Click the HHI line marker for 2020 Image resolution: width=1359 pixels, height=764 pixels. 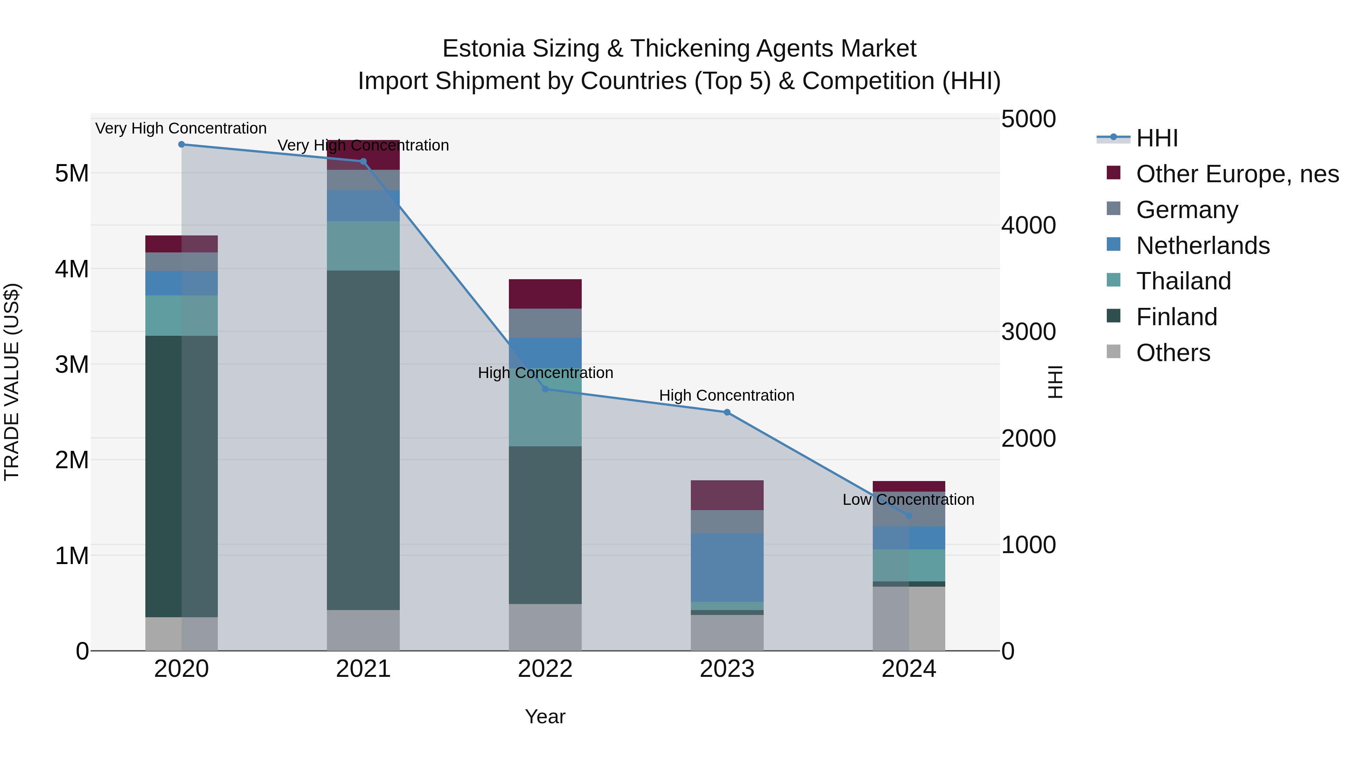[182, 144]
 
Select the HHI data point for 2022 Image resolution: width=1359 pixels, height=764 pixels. [545, 389]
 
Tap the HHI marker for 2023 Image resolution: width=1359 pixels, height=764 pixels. [727, 412]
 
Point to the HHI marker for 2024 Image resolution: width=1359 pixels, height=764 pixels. [909, 516]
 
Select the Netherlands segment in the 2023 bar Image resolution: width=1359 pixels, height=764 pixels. [727, 567]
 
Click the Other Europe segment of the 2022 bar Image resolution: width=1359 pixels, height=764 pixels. [545, 294]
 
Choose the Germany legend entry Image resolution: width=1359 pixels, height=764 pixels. [1187, 210]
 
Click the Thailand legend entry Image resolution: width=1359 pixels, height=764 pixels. [1183, 281]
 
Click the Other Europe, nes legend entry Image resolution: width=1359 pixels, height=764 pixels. [1237, 174]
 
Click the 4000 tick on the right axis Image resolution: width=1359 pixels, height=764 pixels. [1028, 225]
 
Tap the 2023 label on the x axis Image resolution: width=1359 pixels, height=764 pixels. [727, 669]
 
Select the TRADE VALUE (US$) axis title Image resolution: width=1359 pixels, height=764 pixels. [12, 382]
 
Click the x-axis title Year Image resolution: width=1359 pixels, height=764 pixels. [545, 716]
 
